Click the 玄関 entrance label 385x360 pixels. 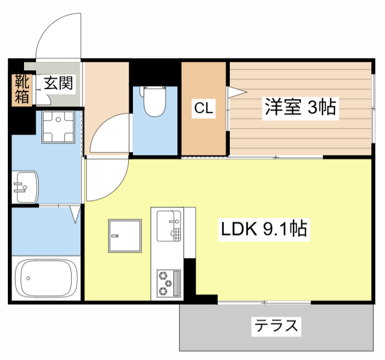[x=58, y=82]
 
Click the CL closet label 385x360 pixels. [x=203, y=108]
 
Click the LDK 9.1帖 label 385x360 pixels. [x=265, y=228]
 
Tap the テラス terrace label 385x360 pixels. [x=276, y=326]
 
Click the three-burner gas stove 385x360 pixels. [x=169, y=283]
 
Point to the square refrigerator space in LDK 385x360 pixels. [x=125, y=237]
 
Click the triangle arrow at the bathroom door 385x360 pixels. [x=75, y=213]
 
